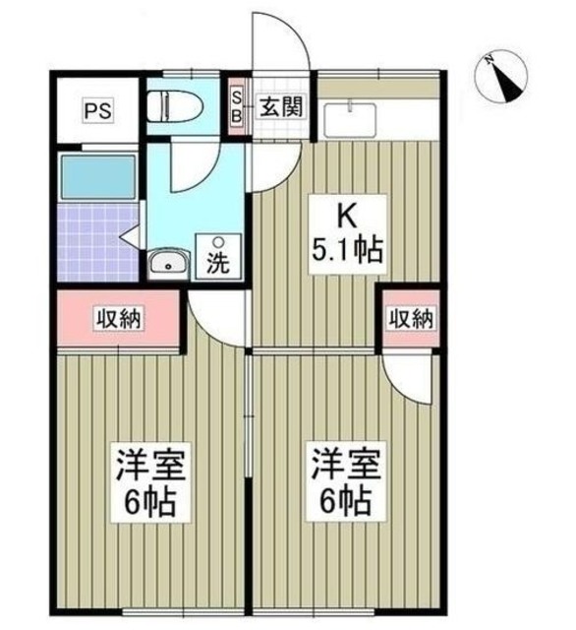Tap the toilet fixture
tap(173, 106)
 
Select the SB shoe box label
tap(236, 104)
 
